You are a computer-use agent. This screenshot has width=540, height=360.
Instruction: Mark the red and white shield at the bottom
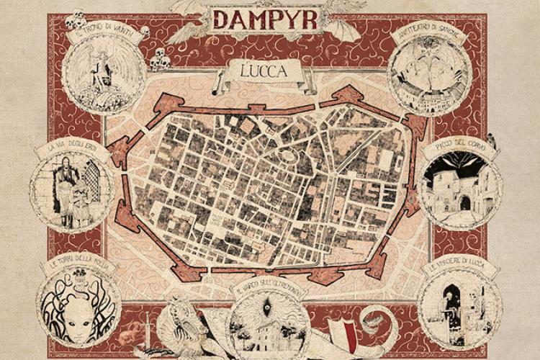(343, 338)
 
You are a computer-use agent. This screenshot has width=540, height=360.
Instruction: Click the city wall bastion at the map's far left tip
(114, 148)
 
